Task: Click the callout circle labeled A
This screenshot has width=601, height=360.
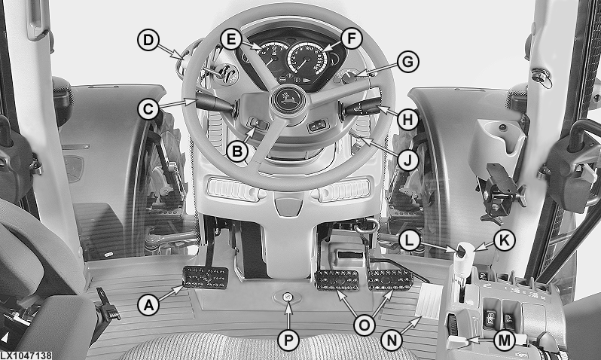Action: click(148, 305)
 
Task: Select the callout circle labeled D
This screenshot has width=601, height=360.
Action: click(148, 40)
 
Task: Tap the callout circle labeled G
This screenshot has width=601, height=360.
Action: click(408, 62)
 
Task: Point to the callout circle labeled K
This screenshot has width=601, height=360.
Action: click(504, 240)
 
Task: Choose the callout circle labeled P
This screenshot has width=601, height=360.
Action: click(288, 340)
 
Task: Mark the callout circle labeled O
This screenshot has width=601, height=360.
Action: click(364, 325)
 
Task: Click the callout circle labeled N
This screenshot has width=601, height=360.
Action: click(392, 340)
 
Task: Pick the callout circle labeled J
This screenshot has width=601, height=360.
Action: click(408, 161)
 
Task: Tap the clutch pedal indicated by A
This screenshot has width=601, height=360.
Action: click(206, 277)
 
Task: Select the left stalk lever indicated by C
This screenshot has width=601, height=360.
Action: click(214, 105)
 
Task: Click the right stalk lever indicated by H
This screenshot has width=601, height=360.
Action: click(362, 107)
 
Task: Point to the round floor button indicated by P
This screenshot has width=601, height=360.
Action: click(288, 296)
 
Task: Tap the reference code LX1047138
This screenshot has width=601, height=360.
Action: click(26, 355)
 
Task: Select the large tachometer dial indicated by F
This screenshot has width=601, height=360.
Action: click(307, 59)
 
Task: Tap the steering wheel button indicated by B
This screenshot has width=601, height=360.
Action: click(258, 124)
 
